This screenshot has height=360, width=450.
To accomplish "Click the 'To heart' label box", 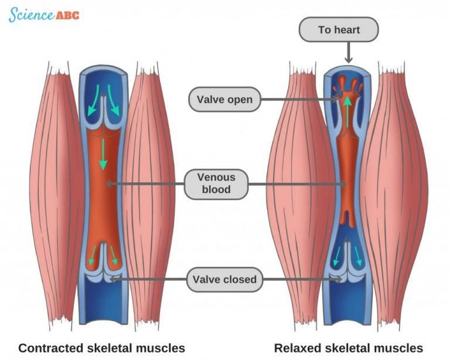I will point(339,30).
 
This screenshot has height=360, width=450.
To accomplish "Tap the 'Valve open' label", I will point(224,99).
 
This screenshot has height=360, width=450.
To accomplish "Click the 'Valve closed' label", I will point(224,280).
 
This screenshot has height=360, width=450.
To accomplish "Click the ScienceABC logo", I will point(43,15).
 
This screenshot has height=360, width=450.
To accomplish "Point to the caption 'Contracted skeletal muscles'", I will point(101,348).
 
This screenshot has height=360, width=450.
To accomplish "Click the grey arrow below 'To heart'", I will point(349,53).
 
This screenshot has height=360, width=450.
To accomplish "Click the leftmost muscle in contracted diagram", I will point(56,193).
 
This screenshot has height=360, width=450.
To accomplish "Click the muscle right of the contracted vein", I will point(149,193).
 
